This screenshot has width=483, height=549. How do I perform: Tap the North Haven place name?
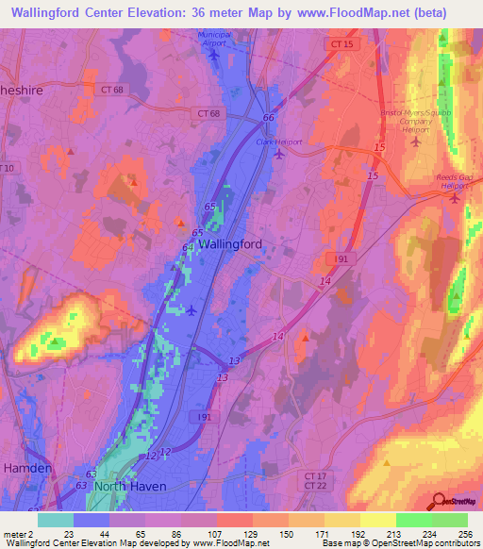[129, 486]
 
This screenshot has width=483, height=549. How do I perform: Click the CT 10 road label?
[8, 168]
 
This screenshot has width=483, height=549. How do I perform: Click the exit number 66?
[268, 118]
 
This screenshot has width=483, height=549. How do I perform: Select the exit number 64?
[188, 247]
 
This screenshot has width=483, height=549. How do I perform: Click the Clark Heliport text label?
[279, 141]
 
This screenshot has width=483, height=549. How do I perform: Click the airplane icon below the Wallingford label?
[192, 309]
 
